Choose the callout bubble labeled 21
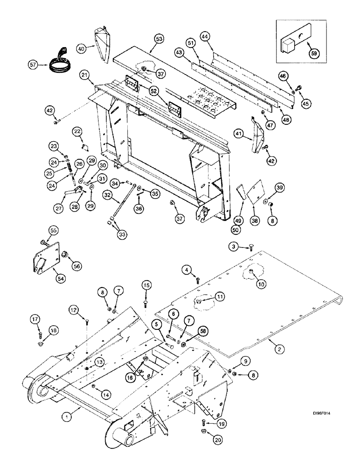[84, 75]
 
